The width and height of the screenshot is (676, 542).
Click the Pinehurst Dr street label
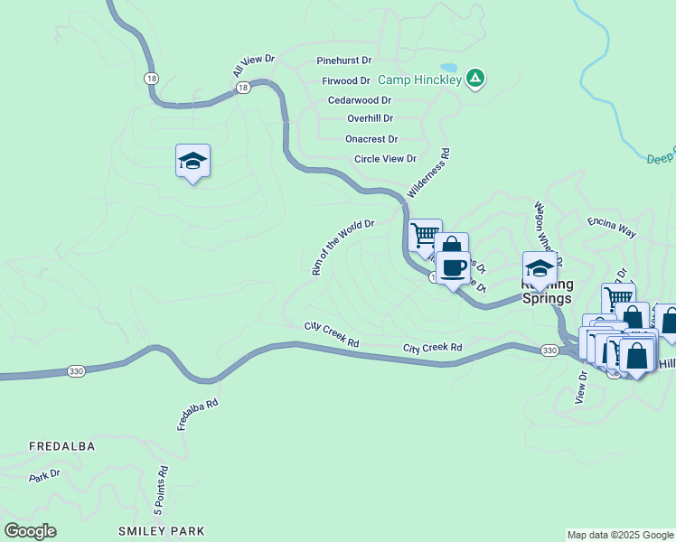343,61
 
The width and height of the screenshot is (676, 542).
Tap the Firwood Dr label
347,80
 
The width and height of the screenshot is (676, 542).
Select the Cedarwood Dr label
359,100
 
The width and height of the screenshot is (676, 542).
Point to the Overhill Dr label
370,118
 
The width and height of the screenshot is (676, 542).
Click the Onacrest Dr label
371,139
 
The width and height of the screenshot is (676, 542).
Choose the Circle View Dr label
385,159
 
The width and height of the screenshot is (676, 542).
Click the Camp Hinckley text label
418,79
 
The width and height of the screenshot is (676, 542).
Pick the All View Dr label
253,66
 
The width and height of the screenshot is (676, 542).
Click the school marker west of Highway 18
192,161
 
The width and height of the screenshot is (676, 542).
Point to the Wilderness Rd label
428,174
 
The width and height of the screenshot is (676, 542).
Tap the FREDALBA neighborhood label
61,446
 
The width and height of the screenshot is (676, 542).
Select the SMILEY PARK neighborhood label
162,531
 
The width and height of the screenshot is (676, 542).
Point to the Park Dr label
43,474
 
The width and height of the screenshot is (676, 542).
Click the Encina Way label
612,227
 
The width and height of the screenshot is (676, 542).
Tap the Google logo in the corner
30,531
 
